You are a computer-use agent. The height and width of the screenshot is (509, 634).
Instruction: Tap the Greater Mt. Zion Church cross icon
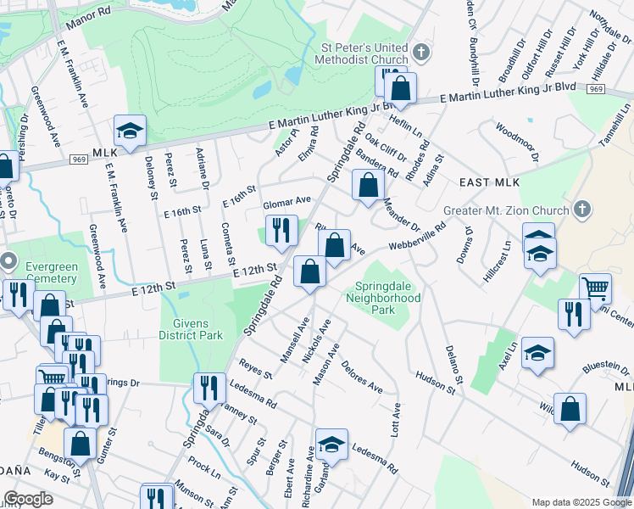tap(582, 210)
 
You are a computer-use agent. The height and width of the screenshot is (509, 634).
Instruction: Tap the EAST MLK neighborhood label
tap(489, 182)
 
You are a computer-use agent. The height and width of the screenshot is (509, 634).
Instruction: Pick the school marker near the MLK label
tap(130, 131)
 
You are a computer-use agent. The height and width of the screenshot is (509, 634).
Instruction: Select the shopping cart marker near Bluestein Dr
tap(596, 289)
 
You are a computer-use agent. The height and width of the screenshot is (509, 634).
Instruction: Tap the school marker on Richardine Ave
tap(331, 445)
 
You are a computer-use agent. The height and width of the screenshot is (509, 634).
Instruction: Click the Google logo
tap(29, 499)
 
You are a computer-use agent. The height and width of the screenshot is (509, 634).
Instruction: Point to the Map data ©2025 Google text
tap(581, 502)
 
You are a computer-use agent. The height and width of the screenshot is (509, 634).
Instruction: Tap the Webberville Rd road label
tap(417, 237)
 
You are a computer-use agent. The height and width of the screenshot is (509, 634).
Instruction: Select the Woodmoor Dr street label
tap(516, 143)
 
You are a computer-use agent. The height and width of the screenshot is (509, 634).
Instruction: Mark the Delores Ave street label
tap(362, 377)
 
